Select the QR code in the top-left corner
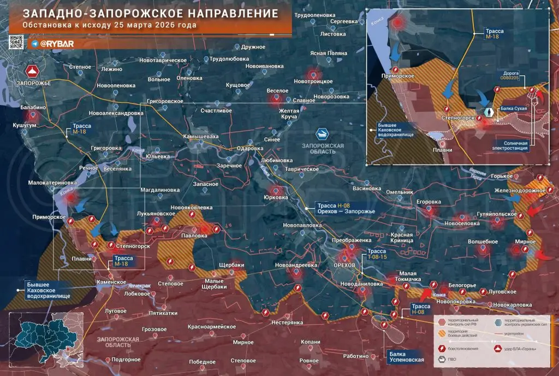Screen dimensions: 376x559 pyautogui.click(x=16, y=43)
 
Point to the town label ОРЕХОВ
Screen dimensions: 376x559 pyautogui.click(x=344, y=265)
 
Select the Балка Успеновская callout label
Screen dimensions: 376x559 pyautogui.click(x=406, y=357)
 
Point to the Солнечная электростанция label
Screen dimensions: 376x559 pyautogui.click(x=512, y=146)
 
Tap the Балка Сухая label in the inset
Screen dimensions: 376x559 pyautogui.click(x=514, y=109)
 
